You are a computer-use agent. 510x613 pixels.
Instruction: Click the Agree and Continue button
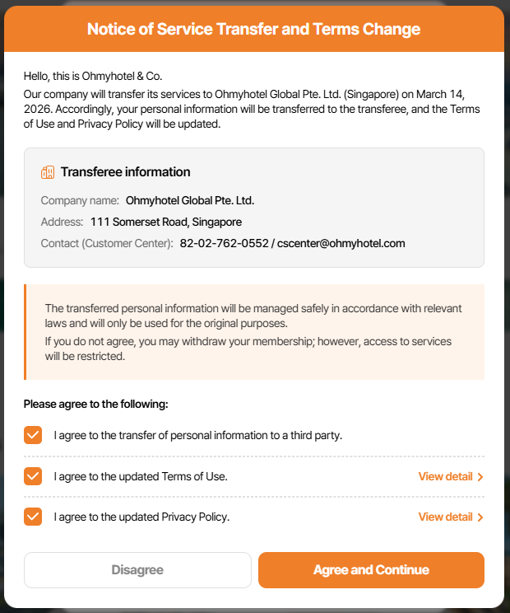pyautogui.click(x=371, y=570)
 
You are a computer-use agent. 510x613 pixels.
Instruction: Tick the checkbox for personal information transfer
pyautogui.click(x=33, y=435)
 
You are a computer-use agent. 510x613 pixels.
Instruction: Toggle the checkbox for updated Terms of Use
pyautogui.click(x=33, y=476)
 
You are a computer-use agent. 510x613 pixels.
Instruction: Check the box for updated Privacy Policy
pyautogui.click(x=33, y=517)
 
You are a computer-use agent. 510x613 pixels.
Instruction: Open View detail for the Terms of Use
pyautogui.click(x=450, y=476)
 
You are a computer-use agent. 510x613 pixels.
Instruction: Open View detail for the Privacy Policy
pyautogui.click(x=450, y=517)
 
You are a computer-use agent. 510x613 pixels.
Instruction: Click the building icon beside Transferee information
pyautogui.click(x=48, y=172)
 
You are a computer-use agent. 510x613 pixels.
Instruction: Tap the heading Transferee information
pyautogui.click(x=125, y=172)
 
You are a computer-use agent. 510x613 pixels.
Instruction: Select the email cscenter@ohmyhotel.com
pyautogui.click(x=341, y=243)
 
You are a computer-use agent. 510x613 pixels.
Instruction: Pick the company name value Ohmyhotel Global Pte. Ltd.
pyautogui.click(x=190, y=200)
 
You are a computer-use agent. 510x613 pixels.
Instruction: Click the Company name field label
pyautogui.click(x=80, y=200)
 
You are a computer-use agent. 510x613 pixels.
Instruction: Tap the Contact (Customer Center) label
pyautogui.click(x=107, y=243)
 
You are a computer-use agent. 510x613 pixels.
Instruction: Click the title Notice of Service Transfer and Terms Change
pyautogui.click(x=254, y=30)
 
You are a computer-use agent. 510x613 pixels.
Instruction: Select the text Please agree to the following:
pyautogui.click(x=95, y=404)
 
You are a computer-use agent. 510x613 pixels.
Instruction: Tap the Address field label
pyautogui.click(x=62, y=222)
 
